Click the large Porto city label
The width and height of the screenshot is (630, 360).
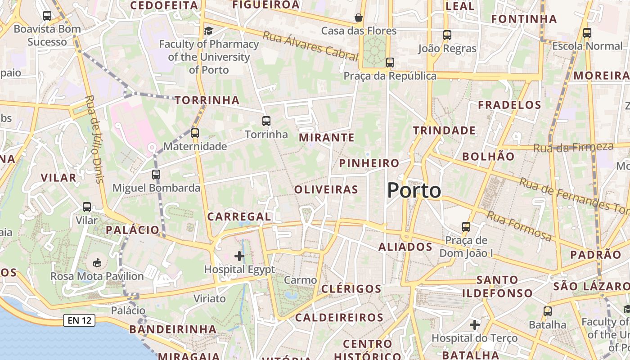pos(414,190)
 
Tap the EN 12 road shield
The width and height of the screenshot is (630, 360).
pos(79,320)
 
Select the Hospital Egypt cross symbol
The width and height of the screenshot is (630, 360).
pos(239,256)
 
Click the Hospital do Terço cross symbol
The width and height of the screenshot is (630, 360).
pos(475,324)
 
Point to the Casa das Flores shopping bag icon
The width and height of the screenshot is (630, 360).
pos(359,18)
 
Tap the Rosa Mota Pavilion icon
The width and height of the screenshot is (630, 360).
pos(97,262)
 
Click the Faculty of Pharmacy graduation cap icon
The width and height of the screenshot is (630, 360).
pos(208,31)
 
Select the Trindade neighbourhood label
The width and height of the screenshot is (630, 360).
pos(444,130)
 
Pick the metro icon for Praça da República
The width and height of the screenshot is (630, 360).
pos(390,63)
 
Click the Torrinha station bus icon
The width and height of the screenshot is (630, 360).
pos(266,121)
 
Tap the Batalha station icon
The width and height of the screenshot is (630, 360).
pos(548,311)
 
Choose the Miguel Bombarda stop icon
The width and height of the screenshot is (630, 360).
pos(156,174)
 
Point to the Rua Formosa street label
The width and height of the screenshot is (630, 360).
pos(519,225)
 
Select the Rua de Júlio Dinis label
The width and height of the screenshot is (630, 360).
pos(94,139)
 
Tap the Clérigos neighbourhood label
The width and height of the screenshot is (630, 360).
pos(351,288)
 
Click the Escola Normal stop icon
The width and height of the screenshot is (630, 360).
pos(587,32)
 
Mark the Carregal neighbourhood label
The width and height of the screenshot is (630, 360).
pos(239,216)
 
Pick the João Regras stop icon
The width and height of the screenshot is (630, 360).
pos(447,35)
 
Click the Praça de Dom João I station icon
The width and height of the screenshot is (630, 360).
pos(466,226)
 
